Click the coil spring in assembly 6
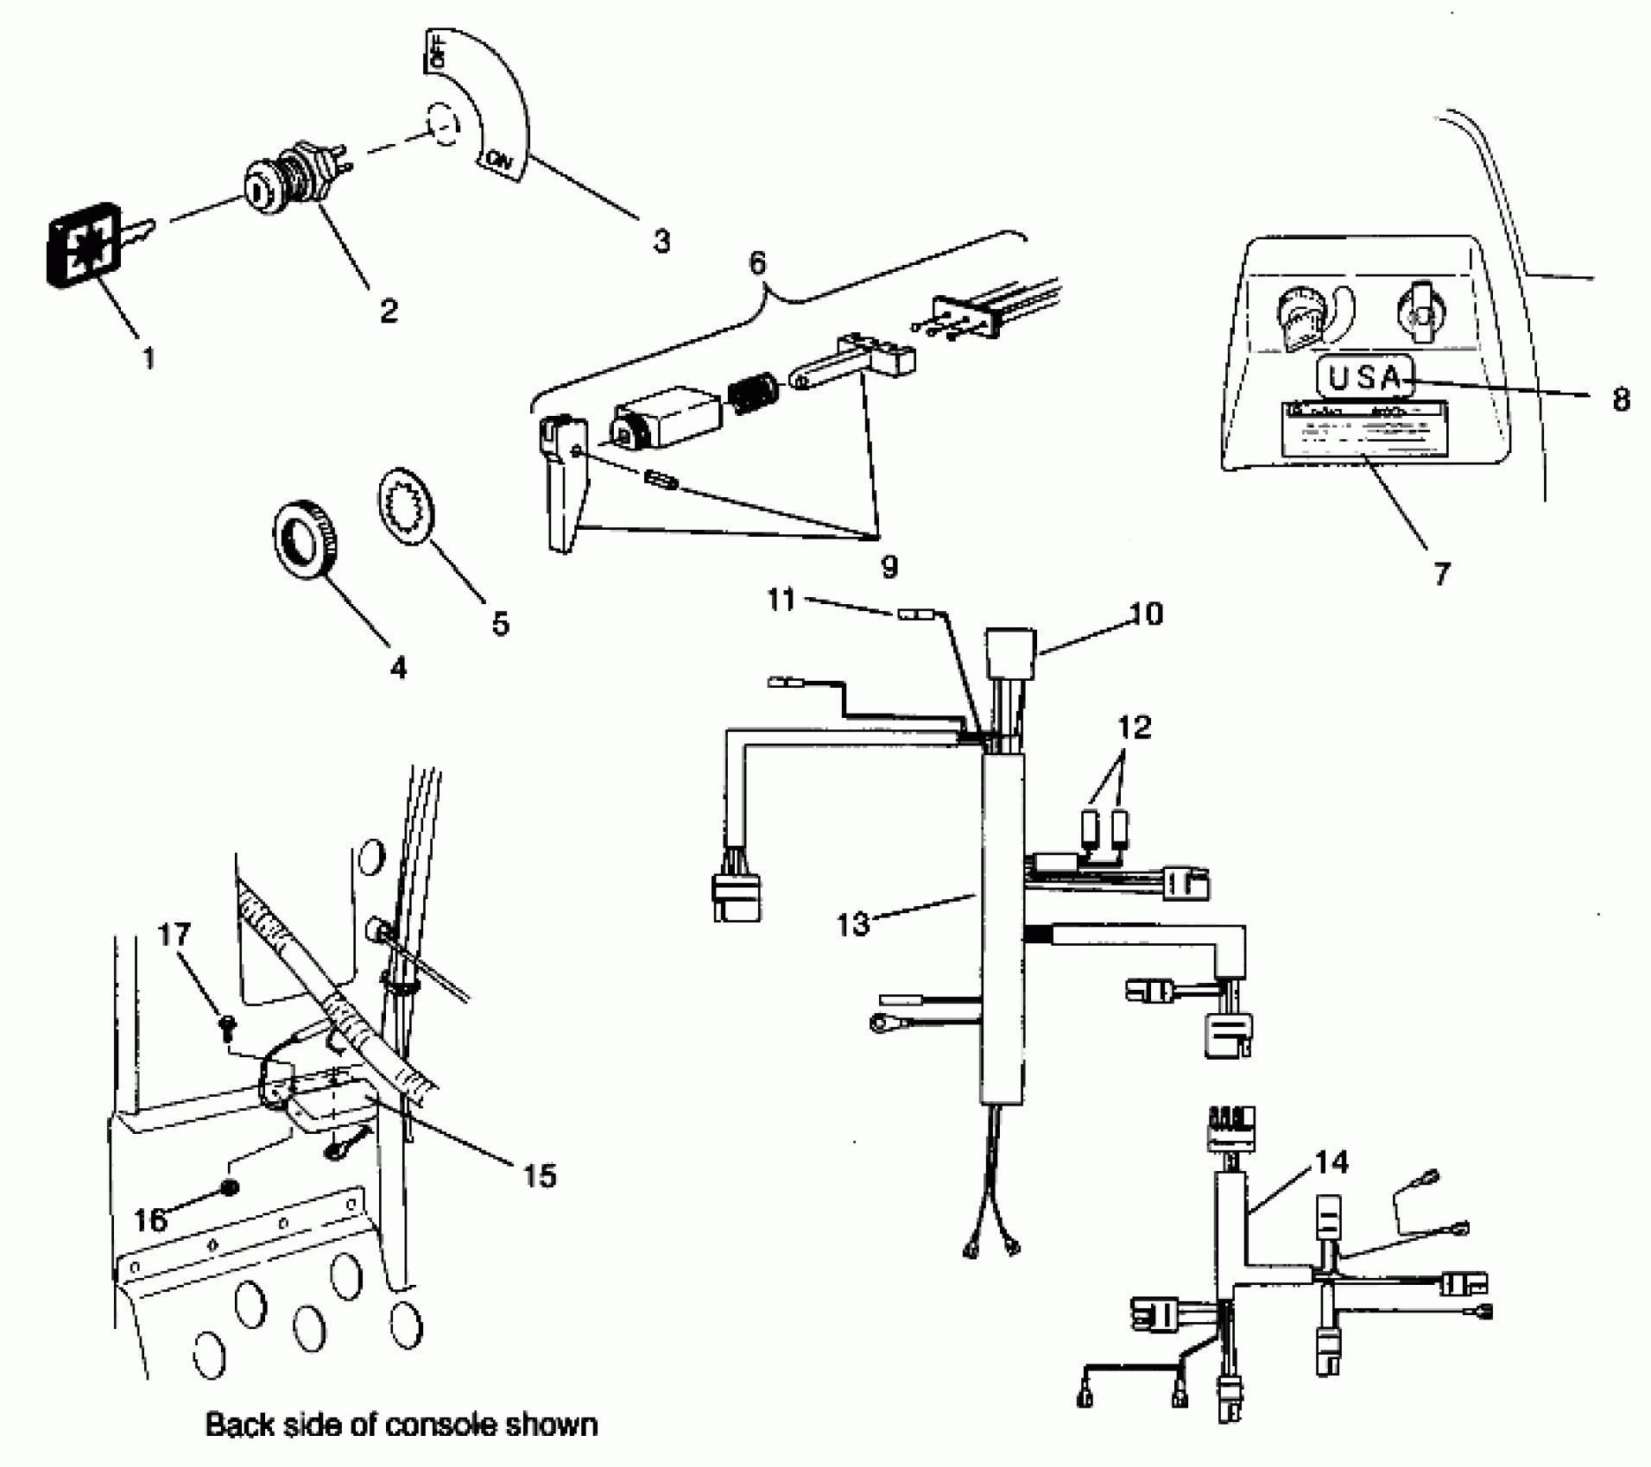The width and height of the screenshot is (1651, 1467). (x=753, y=393)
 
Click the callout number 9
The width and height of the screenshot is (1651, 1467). (x=889, y=567)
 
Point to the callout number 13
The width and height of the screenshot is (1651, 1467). (x=853, y=924)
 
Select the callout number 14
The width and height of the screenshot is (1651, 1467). (x=1331, y=1162)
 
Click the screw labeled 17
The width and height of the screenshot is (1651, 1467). (x=228, y=1023)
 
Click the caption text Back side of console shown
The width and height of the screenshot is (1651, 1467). (x=401, y=1424)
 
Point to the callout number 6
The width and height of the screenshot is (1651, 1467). (x=757, y=263)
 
